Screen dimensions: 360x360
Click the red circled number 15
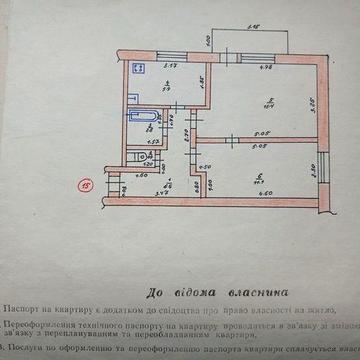pyautogui.click(x=87, y=183)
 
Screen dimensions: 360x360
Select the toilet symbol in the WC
pyautogui.click(x=134, y=156)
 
